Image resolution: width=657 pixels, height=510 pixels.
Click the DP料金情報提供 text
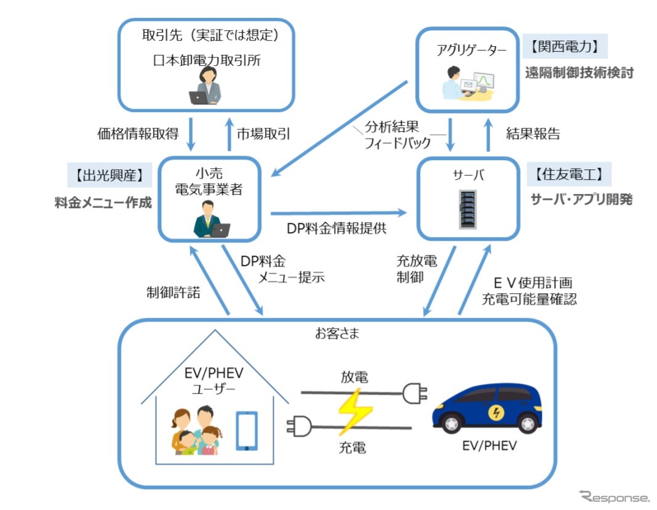point(336,228)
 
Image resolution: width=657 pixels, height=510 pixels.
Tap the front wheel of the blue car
point(452,424)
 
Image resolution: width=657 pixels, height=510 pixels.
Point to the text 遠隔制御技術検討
point(579,72)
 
